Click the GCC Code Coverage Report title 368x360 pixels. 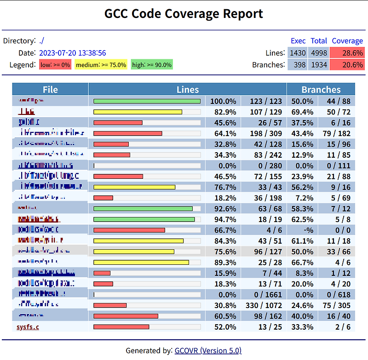[x=184, y=14]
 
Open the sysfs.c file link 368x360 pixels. [x=28, y=327]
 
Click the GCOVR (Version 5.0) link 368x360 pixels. [x=208, y=350]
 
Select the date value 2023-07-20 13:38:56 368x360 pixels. [x=73, y=53]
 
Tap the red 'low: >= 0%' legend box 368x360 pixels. [x=55, y=65]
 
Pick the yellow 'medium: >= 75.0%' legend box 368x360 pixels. [x=101, y=65]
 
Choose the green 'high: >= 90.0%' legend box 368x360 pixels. [x=152, y=65]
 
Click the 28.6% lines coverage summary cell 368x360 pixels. [x=347, y=53]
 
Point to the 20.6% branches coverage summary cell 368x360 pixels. [x=347, y=65]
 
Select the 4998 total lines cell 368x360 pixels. [x=319, y=53]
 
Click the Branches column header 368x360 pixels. [x=321, y=90]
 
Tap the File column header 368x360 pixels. [x=50, y=90]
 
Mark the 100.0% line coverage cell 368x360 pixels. [x=224, y=101]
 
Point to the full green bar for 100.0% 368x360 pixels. [x=147, y=101]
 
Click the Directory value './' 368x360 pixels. [x=41, y=41]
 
